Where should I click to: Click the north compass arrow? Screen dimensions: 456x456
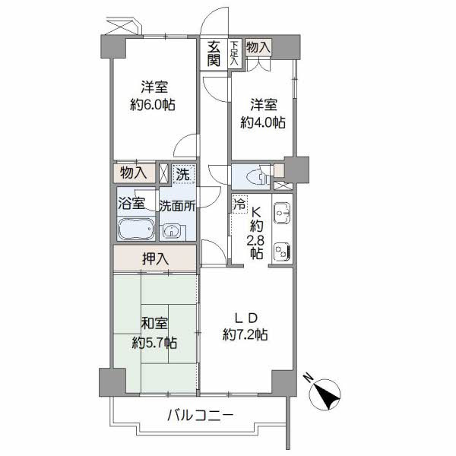326,394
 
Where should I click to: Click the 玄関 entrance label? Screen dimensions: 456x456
214,54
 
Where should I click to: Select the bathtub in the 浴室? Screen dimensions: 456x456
136,230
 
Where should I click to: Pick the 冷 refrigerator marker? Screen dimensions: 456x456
239,204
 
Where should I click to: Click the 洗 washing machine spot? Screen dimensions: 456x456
182,174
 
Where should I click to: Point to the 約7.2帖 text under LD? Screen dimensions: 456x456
244,334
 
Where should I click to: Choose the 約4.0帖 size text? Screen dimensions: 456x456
263,121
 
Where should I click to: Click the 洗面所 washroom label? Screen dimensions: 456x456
178,204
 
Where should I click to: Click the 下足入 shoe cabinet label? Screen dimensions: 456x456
235,54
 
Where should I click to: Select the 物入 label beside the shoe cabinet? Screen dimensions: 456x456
258,47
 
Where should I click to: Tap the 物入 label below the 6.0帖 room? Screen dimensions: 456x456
134,173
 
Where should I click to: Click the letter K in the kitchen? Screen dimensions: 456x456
257,214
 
